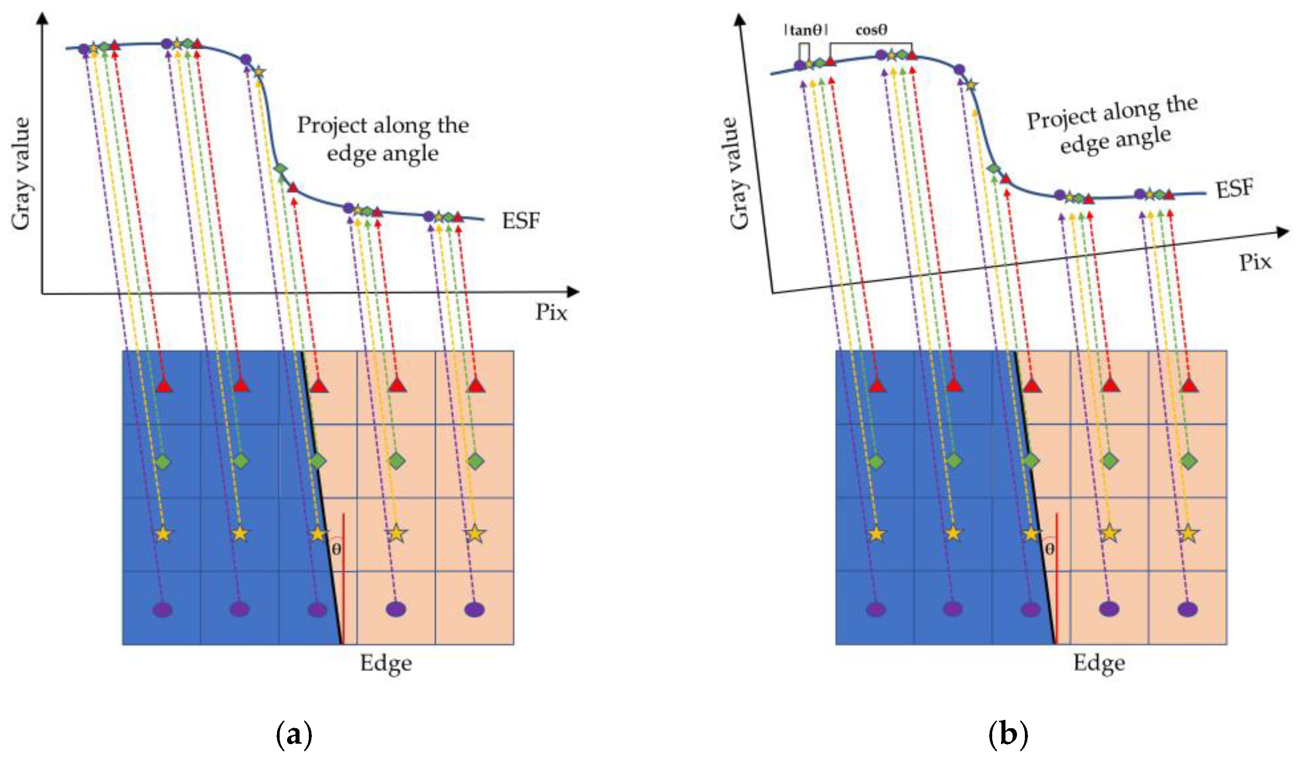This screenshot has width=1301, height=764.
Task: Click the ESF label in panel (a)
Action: tap(520, 221)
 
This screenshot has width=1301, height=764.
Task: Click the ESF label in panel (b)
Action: tap(1234, 189)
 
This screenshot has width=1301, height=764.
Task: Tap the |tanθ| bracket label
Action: tap(805, 30)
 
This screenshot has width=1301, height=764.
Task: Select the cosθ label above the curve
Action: tap(872, 30)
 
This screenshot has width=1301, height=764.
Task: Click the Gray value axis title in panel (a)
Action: tap(21, 173)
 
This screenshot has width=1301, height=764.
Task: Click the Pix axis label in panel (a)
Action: tap(551, 312)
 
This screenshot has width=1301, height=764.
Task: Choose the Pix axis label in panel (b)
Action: tap(1255, 263)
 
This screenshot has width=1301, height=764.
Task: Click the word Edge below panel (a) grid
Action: tap(386, 664)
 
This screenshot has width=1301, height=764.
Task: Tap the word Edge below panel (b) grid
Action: tap(1099, 664)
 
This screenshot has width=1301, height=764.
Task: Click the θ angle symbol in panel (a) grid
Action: tap(336, 549)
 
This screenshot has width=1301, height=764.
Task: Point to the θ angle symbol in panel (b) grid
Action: tap(1050, 549)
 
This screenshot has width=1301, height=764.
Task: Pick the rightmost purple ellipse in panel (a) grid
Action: tap(474, 609)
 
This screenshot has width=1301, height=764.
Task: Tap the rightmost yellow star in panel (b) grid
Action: tap(1188, 533)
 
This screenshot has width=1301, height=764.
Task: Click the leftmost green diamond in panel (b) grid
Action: tap(876, 461)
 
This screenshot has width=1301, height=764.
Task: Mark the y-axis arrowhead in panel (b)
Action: tap(740, 19)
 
